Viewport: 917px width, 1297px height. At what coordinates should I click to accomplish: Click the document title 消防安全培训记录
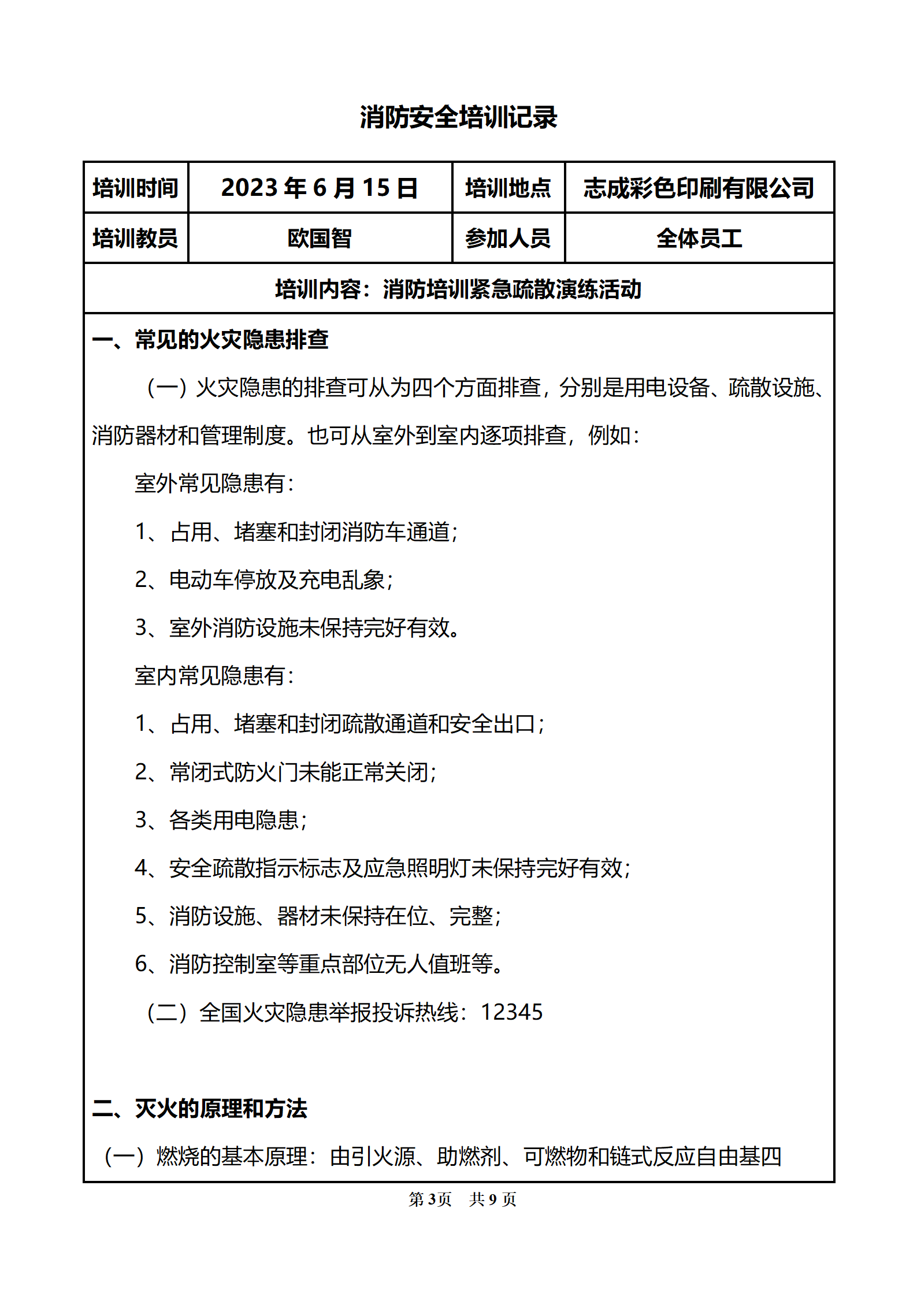point(458,117)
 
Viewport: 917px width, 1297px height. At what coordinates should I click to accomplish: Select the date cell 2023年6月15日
point(320,188)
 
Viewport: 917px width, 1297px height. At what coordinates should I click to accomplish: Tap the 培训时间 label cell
point(136,188)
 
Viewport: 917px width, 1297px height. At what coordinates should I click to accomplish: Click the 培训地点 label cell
point(508,188)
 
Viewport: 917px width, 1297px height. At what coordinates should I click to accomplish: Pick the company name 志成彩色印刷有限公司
point(699,188)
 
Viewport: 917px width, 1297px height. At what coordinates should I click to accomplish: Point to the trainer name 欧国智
point(320,238)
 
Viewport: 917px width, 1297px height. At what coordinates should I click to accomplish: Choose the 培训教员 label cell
point(136,238)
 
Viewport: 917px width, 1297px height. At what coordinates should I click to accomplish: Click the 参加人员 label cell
point(508,238)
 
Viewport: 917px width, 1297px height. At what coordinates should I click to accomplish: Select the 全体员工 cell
point(699,238)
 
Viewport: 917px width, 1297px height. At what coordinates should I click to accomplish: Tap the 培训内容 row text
point(458,289)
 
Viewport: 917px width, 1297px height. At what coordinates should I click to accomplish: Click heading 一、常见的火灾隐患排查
point(210,340)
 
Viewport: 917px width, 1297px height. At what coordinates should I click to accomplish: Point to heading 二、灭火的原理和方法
point(200,1108)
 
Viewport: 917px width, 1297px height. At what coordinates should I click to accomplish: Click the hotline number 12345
point(511,1012)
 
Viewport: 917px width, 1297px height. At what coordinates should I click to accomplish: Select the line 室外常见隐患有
point(214,484)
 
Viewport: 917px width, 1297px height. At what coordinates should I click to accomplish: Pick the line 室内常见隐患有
point(214,675)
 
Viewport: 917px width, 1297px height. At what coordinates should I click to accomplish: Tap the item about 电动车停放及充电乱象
point(264,579)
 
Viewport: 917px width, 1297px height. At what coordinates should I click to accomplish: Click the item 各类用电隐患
point(221,820)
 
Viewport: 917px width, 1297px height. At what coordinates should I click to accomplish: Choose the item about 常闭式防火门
point(286,772)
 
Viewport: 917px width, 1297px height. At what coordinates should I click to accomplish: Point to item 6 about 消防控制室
point(320,964)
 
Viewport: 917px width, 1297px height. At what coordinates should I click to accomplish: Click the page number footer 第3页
point(430,1199)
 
